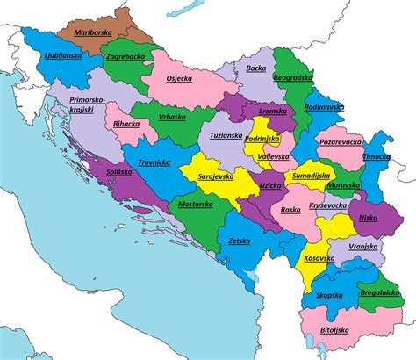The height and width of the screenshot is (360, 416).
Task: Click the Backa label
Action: pos(255,68)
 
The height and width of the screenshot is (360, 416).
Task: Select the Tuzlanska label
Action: pos(226,136)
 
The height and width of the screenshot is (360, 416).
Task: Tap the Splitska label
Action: pos(119,174)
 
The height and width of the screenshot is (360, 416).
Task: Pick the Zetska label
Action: pos(239,239)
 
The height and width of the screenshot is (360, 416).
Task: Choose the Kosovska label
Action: pos(317,259)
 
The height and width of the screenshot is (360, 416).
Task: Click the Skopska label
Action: pos(330,297)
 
